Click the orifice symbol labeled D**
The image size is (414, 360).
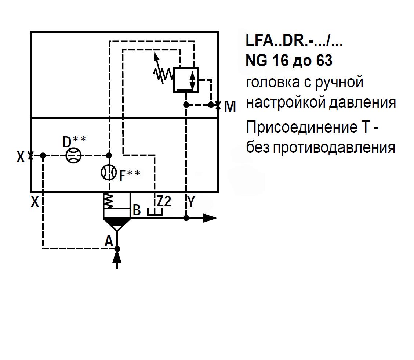(73, 155)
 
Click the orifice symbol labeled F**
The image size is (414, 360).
(109, 172)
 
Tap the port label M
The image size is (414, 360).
(230, 107)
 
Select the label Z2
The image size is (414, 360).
(164, 202)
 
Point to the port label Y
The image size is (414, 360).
(191, 202)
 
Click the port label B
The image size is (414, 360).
(137, 210)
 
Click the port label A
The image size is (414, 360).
(108, 241)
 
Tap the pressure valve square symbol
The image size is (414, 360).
(185, 80)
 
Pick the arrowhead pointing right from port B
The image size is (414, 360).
(210, 218)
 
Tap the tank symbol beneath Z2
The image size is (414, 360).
(154, 212)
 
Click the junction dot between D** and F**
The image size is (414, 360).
(109, 155)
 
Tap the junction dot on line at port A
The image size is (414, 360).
(117, 249)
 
